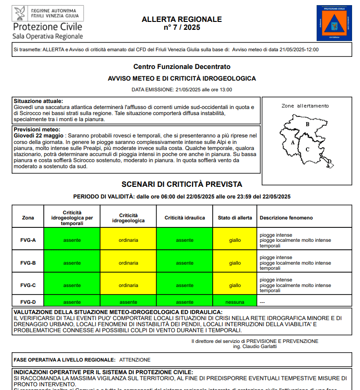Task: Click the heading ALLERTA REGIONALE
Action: [181, 20]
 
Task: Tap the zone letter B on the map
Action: [307, 124]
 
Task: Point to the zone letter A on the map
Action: [292, 142]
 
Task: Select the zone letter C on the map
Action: [307, 150]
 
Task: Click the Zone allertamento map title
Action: [305, 106]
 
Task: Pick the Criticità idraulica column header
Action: [185, 218]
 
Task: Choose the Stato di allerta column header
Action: [235, 218]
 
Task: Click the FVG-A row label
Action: [28, 240]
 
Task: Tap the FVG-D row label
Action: [28, 302]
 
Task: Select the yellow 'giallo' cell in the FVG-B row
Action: [235, 263]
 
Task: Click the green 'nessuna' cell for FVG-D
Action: [235, 302]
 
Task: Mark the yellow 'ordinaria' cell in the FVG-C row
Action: [128, 285]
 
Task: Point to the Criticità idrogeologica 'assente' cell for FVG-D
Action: [128, 302]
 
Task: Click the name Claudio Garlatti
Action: [260, 346]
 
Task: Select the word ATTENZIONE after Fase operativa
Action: [135, 360]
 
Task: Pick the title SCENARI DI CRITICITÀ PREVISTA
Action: [182, 185]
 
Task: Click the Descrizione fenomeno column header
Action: [286, 218]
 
